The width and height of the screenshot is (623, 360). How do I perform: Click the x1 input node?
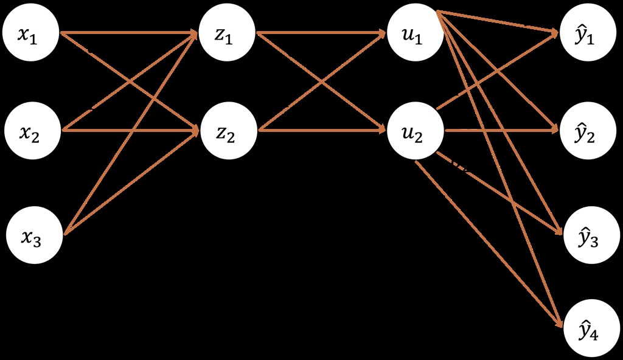pos(30,33)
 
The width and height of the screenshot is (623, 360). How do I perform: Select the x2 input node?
pos(33,131)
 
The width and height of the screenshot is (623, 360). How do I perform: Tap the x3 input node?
pos(34,235)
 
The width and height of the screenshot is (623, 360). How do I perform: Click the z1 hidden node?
pos(226,33)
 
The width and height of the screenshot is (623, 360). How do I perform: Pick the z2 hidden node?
pos(229,130)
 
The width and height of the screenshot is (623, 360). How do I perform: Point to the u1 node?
pos(415,33)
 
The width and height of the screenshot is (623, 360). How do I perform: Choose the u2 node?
pos(415,130)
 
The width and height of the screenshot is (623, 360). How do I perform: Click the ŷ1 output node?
pos(588,33)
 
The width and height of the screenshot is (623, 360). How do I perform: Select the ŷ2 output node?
pos(588,131)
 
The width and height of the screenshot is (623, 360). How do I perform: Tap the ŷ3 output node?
pos(591,235)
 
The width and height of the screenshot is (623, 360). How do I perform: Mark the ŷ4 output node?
pos(591,328)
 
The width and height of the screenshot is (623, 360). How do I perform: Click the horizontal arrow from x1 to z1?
pos(129,33)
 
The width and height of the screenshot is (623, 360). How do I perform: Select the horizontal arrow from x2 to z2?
pos(131,130)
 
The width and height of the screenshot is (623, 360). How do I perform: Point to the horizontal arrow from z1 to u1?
pos(321,33)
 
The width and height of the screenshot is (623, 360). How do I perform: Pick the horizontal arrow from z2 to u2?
pos(322,130)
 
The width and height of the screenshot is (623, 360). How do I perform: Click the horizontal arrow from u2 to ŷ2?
pos(503,130)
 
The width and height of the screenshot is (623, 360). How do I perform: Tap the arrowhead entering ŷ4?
pos(559,323)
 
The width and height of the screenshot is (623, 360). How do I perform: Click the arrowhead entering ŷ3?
pos(559,230)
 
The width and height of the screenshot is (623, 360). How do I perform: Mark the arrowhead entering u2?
pos(381,130)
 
